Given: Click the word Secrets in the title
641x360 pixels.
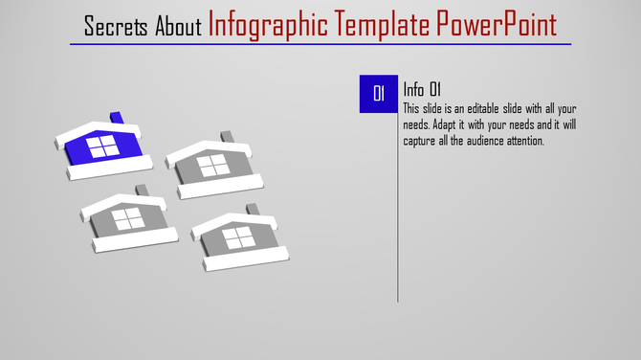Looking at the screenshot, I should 116,26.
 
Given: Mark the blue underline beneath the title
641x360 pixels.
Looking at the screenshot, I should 320,44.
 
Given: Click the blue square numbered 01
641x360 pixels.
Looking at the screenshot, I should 378,94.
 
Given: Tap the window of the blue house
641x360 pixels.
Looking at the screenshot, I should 99,146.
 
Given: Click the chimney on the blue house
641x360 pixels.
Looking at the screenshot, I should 117,119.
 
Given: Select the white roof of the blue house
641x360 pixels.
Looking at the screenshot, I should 96,130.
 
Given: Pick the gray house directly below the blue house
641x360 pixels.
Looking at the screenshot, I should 125,219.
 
